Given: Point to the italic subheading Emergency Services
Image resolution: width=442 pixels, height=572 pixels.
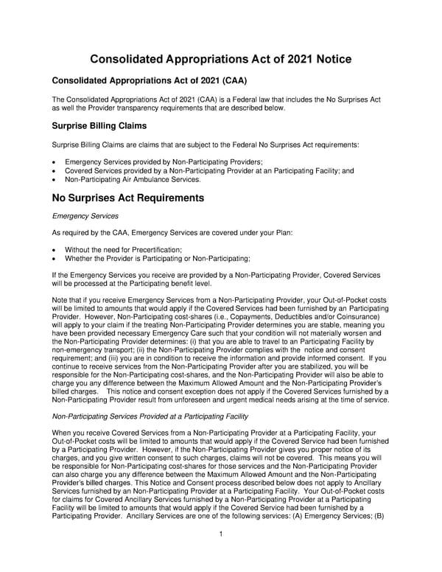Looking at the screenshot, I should [82, 216].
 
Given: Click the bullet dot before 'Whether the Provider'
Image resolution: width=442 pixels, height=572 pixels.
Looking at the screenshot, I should [55, 258].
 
